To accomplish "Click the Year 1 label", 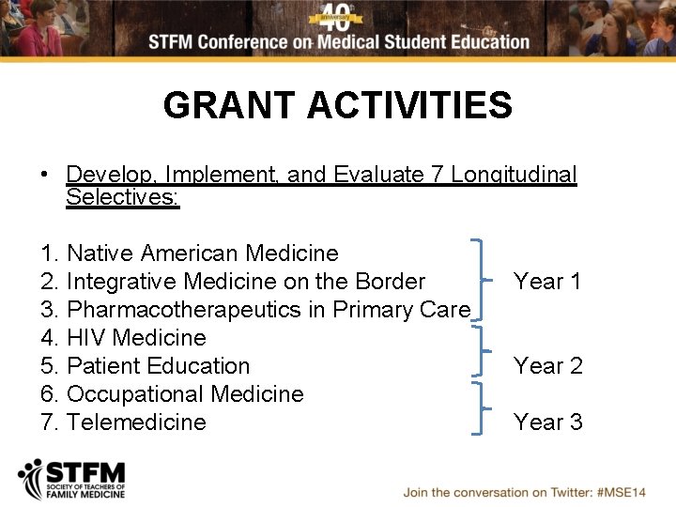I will click(x=547, y=282).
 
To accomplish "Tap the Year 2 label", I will click(x=547, y=366).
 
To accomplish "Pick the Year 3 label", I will click(x=547, y=422).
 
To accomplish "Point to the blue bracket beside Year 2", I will click(x=481, y=350).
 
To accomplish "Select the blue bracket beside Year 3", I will click(x=481, y=408).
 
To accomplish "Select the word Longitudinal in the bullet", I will click(x=514, y=175).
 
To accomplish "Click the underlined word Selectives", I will click(x=122, y=197).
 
